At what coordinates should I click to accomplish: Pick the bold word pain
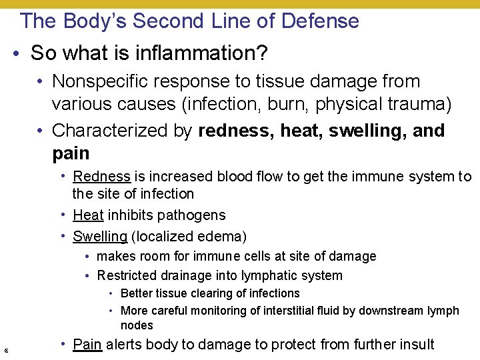(71, 153)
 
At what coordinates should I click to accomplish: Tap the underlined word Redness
(101, 177)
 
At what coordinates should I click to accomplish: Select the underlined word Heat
(88, 215)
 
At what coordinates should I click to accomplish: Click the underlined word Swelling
(100, 236)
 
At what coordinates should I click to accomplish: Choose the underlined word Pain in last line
(87, 345)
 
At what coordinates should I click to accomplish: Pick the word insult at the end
(416, 345)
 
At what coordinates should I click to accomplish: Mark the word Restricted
(125, 275)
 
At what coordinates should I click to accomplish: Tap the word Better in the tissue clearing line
(135, 293)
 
